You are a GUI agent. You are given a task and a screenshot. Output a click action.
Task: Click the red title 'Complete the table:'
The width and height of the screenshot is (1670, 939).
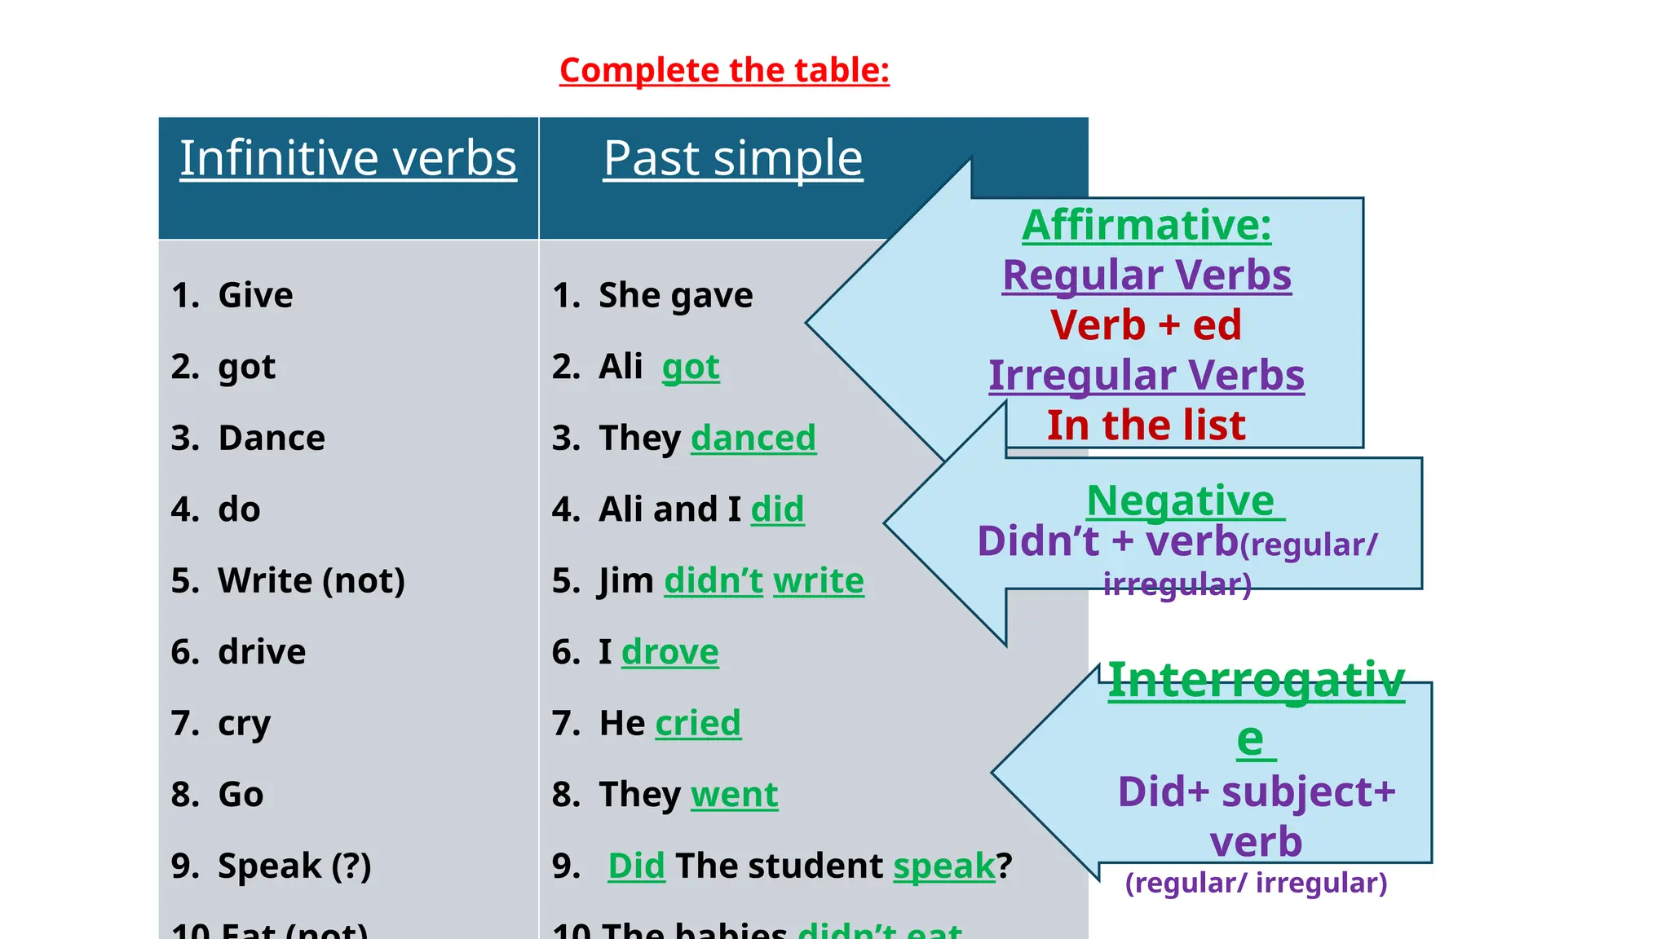coord(724,70)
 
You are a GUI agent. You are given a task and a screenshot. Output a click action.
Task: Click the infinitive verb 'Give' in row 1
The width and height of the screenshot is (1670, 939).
coord(254,295)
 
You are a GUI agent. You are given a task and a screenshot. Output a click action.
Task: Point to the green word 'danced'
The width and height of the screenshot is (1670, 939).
coord(753,438)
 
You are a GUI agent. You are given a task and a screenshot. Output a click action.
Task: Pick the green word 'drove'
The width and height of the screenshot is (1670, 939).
coord(669,652)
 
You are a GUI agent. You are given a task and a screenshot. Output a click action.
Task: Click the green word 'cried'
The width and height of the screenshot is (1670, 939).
coord(698,723)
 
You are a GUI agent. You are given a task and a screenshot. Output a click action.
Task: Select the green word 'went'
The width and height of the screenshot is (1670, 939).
coord(734,795)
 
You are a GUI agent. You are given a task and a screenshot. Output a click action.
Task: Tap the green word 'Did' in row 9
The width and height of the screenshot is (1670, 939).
coord(636,866)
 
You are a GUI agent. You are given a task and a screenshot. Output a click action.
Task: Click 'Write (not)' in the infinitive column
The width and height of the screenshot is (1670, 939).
coord(311,580)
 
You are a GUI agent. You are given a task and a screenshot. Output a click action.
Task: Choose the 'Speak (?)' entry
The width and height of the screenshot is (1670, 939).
coord(294,866)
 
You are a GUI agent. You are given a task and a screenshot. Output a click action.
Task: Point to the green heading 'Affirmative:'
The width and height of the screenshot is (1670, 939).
coord(1146,225)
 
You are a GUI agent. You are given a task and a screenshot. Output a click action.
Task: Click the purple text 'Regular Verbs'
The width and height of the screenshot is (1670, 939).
coord(1146,275)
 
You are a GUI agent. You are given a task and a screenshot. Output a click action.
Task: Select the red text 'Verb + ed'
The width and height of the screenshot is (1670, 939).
coord(1146,324)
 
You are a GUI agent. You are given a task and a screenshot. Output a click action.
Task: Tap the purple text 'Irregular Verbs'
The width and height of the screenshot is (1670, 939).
coord(1146,375)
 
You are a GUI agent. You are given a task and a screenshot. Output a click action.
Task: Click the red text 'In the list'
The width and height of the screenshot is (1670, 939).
coord(1146,425)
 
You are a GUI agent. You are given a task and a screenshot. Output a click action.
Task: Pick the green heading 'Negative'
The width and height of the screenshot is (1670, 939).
coord(1181,500)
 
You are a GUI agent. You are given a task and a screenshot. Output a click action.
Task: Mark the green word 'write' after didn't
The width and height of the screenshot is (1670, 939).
coord(818,580)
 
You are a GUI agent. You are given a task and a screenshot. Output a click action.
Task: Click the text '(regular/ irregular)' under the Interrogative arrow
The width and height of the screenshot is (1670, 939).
coord(1256,883)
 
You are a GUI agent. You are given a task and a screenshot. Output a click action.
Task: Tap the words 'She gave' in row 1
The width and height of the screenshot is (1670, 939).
coord(675,295)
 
